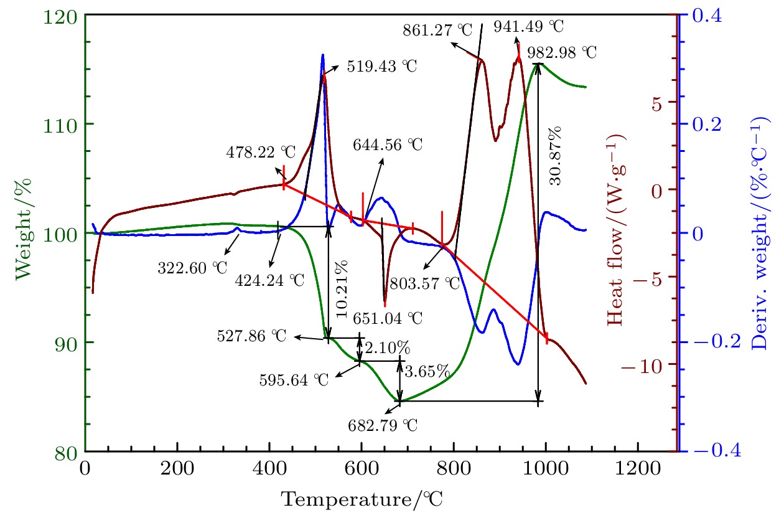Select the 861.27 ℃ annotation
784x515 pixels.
click(437, 29)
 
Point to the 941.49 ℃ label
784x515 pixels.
click(528, 27)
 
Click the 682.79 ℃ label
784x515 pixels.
click(383, 426)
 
